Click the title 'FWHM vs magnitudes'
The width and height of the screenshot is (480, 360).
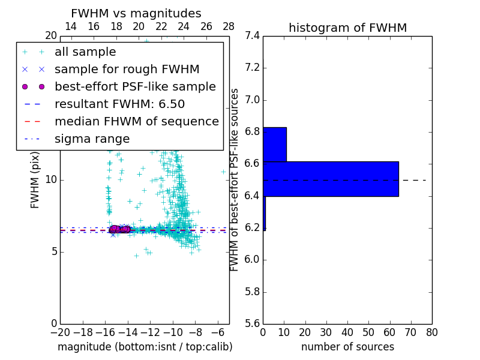click(x=136, y=13)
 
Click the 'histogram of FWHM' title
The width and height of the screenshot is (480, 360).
click(x=347, y=28)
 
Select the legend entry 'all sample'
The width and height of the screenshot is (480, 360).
click(x=85, y=52)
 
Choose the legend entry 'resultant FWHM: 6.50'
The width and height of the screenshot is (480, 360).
click(x=115, y=104)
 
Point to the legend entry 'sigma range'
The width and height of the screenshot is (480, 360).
click(x=92, y=139)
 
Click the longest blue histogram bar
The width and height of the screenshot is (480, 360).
click(x=331, y=179)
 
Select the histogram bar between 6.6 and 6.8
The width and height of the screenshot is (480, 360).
click(x=275, y=144)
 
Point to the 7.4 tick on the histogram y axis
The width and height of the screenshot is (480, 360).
click(x=253, y=35)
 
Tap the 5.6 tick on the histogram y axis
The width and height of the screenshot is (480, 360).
click(x=253, y=323)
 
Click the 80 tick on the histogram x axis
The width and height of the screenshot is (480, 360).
click(x=432, y=332)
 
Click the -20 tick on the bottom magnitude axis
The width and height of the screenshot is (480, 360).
click(x=60, y=332)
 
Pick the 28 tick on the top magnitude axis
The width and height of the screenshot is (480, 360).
click(x=229, y=26)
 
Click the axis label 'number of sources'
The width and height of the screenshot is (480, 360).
click(x=347, y=347)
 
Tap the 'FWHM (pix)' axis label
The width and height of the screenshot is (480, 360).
click(x=35, y=179)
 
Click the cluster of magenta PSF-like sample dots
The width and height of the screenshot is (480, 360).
click(x=118, y=229)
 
